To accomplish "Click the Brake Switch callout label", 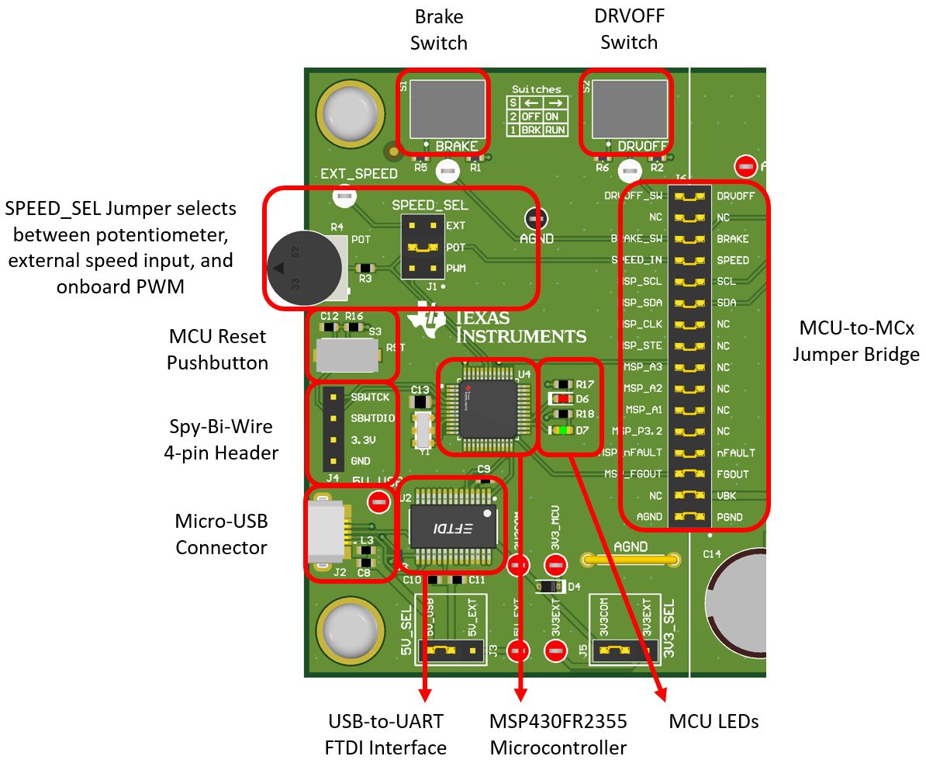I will [439, 29].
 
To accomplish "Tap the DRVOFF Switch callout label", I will [629, 29].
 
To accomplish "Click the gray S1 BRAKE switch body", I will [447, 108].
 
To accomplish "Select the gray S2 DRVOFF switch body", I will [629, 108].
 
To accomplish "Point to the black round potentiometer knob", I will [299, 268].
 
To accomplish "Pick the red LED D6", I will [561, 398].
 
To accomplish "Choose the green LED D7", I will [561, 430].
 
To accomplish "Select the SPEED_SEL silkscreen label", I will [430, 206].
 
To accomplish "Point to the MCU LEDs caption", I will [714, 721].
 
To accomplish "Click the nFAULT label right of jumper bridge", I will [735, 453].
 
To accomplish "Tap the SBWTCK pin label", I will [370, 397].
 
